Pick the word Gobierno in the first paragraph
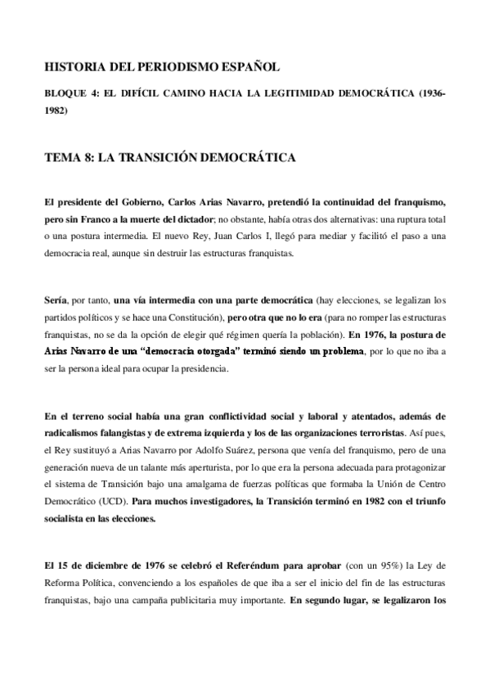125,201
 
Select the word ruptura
402,219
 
